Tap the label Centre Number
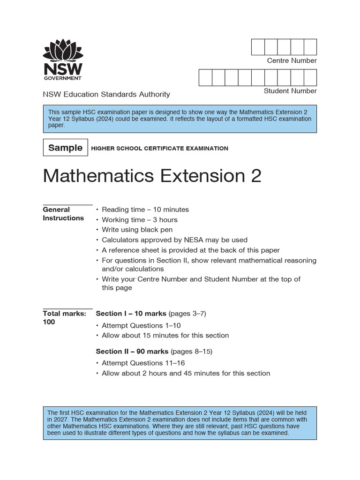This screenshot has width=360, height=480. [x=292, y=60]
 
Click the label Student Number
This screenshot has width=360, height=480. [x=290, y=91]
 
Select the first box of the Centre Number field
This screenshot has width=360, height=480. [x=258, y=47]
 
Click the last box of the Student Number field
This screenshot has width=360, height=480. [x=310, y=77]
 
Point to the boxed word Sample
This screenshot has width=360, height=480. [x=65, y=148]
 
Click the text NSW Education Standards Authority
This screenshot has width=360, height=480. [x=106, y=94]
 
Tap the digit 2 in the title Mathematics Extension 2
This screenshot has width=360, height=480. [x=255, y=176]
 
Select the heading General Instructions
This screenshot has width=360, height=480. [x=63, y=214]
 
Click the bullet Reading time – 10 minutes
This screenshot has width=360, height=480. [x=145, y=210]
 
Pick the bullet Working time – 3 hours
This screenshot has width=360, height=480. [x=139, y=220]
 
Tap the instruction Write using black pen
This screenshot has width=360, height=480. [x=137, y=230]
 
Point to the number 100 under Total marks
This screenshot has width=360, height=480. [x=49, y=322]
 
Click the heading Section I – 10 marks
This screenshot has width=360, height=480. [x=131, y=314]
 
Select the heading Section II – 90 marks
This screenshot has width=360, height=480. [x=132, y=351]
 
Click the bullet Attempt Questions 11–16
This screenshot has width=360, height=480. [x=143, y=363]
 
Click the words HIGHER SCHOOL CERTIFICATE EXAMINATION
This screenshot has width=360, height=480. [x=159, y=148]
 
